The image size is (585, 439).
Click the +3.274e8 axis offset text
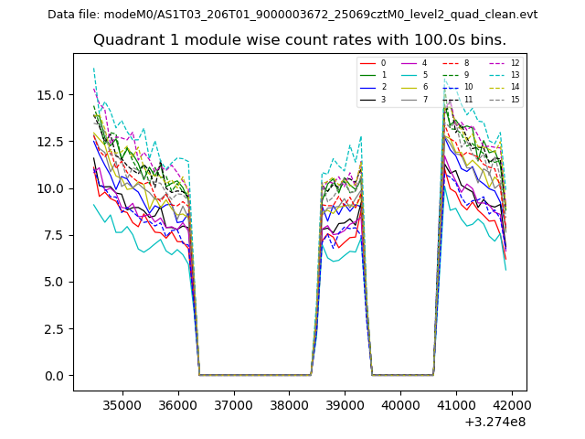[495, 422]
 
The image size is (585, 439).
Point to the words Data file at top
[72, 15]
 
